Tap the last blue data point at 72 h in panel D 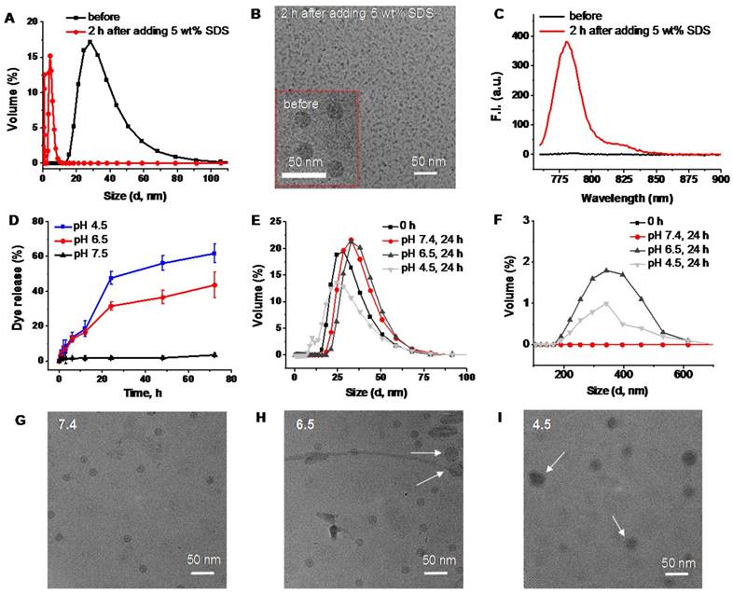215,253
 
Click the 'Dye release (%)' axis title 10,289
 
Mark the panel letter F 507,222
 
